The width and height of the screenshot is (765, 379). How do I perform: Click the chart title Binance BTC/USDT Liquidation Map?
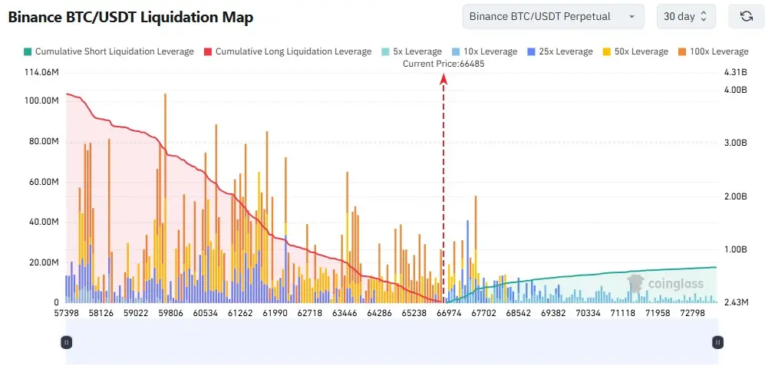coord(130,18)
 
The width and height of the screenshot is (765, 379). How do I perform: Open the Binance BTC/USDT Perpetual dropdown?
coord(553,17)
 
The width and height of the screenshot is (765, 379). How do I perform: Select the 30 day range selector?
coord(686,17)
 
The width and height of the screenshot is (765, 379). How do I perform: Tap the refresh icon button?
coord(746,17)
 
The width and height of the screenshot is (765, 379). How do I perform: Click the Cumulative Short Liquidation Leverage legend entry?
coord(108,51)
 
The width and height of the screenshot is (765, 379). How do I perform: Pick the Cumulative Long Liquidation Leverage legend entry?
coord(288,51)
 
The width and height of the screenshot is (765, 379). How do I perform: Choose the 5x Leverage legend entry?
coord(411,51)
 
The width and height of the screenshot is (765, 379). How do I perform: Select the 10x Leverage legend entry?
coord(484,51)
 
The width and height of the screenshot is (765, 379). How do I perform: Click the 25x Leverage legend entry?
coord(560,51)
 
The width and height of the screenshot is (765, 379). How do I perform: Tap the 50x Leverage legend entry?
coord(635,51)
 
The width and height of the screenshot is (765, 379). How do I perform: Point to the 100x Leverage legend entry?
coord(714,51)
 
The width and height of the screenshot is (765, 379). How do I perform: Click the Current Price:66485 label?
coord(444,64)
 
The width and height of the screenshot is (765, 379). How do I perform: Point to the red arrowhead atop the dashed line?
coord(444,78)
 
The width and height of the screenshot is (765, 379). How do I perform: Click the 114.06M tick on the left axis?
coord(41,73)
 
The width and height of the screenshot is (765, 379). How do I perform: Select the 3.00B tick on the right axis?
coord(736,143)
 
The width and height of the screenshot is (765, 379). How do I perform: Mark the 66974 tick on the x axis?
coord(449,313)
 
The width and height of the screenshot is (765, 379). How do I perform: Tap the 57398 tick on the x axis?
coord(68,313)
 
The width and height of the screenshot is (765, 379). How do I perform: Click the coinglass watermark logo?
coord(665,283)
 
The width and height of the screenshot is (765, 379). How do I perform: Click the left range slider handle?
coord(66,342)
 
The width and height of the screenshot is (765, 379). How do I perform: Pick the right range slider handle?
coord(717,342)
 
